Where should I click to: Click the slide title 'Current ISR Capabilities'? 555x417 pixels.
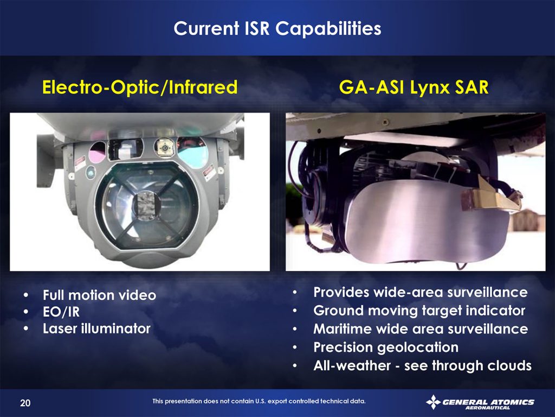(277, 28)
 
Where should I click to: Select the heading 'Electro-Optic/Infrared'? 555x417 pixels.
(140, 87)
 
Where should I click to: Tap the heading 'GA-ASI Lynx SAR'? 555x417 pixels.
(414, 87)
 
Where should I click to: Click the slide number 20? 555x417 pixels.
(25, 403)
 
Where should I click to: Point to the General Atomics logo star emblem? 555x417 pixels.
(433, 402)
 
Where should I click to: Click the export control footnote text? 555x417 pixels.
(259, 401)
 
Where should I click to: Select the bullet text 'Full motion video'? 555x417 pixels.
(100, 295)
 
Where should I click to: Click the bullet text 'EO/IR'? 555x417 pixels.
(61, 312)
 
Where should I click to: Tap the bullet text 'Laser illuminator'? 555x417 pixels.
(96, 328)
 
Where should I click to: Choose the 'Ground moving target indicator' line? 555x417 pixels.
(419, 311)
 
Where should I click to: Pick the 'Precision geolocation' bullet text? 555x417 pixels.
(386, 347)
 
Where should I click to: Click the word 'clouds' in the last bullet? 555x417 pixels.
(508, 365)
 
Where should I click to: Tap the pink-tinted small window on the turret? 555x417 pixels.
(98, 152)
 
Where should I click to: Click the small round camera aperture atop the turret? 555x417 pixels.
(165, 147)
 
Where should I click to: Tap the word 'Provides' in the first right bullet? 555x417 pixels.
(342, 292)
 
